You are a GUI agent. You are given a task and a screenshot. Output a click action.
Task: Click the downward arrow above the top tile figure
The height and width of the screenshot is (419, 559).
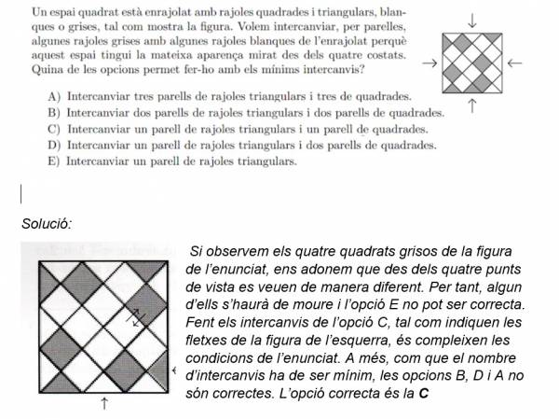click(472, 20)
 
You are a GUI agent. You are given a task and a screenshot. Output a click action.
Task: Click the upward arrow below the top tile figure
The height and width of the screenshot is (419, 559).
click(472, 106)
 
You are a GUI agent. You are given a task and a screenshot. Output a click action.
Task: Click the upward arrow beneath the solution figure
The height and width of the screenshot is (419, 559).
click(103, 403)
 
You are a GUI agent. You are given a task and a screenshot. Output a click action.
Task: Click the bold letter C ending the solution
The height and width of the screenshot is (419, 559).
click(424, 392)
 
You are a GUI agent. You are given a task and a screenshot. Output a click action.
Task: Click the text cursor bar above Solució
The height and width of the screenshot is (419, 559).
click(20, 194)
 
